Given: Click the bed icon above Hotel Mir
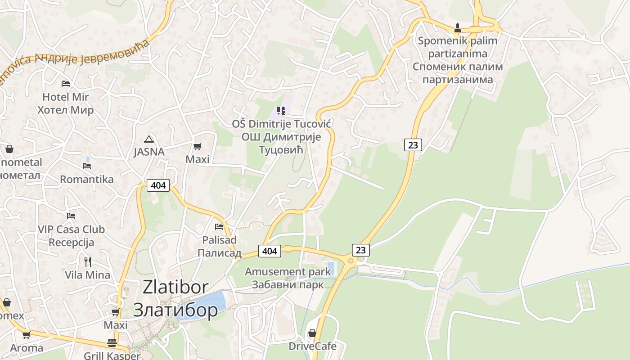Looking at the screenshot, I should [66, 83].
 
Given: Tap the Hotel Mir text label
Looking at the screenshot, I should [66, 97].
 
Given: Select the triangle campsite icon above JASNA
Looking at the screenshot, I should [149, 139].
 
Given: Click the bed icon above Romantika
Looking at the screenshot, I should [87, 166].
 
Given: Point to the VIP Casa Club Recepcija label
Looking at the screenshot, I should [71, 236].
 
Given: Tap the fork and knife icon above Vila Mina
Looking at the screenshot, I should [88, 261].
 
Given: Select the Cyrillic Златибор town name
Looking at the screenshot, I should [175, 310].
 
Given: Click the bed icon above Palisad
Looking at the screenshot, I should [219, 226].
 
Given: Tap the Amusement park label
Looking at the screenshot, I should [288, 272].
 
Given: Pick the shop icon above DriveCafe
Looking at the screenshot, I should [312, 333].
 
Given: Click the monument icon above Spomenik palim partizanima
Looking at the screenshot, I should [458, 27].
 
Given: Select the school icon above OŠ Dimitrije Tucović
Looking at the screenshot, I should [281, 110].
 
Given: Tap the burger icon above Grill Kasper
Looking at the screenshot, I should [112, 343].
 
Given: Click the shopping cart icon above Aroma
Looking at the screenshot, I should [27, 335].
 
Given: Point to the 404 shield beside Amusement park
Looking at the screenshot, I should [270, 251].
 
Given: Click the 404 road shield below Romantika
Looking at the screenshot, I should [158, 185].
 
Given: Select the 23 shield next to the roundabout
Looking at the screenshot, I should [360, 250].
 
